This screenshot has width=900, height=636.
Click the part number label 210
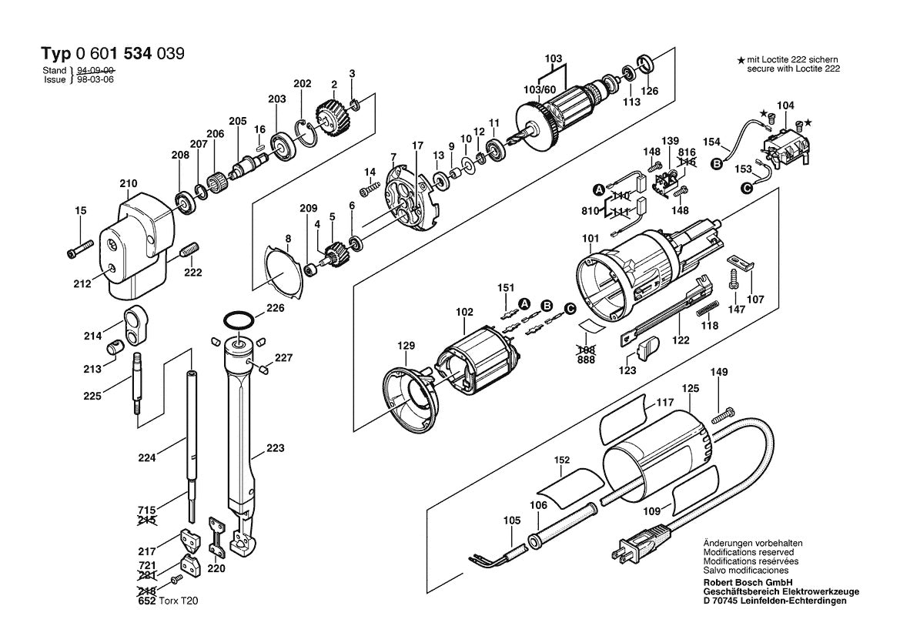pyautogui.click(x=128, y=184)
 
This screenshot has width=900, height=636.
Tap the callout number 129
pyautogui.click(x=406, y=346)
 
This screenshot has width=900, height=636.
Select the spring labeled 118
pyautogui.click(x=705, y=311)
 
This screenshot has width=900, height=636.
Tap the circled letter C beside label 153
pyautogui.click(x=745, y=187)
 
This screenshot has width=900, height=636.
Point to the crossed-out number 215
pyautogui.click(x=147, y=521)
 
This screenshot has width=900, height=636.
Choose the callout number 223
pyautogui.click(x=275, y=448)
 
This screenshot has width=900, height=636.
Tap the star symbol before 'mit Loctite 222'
pyautogui.click(x=740, y=59)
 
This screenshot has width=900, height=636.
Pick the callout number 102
pyautogui.click(x=463, y=313)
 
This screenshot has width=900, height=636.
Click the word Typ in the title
pyautogui.click(x=55, y=54)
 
